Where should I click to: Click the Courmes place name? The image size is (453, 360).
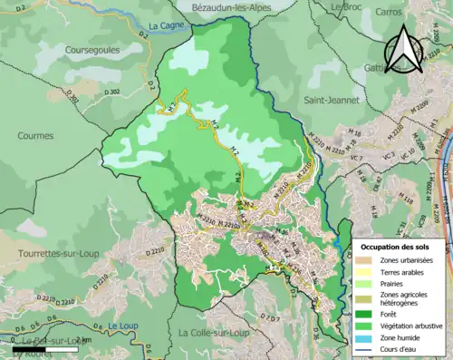coord(36,135)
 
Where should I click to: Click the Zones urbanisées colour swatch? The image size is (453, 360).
coord(366,261)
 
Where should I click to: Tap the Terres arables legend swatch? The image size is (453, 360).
coord(366,273)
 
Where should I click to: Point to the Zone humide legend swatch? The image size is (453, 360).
coord(366,336)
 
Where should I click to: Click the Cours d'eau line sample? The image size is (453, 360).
coord(366,349)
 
